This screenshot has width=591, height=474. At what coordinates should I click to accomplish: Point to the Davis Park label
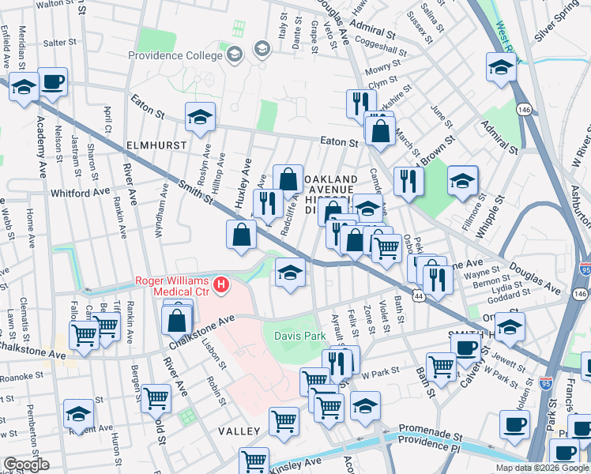299,336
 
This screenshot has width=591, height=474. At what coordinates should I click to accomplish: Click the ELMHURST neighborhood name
156,145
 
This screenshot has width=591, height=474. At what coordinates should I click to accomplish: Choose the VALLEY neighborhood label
239,431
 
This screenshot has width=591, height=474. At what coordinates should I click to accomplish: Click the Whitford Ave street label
80,192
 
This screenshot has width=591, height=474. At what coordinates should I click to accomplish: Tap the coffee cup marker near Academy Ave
53,82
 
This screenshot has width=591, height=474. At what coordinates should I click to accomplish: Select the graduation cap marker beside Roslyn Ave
201,118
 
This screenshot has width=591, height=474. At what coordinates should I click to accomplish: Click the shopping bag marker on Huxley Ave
241,235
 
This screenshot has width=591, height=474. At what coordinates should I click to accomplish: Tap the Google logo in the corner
27,465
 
